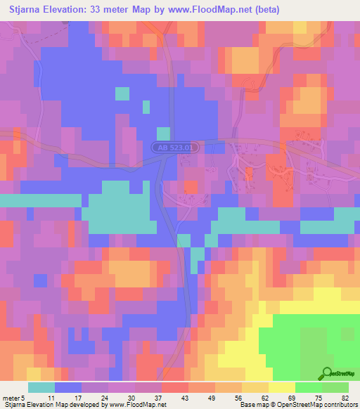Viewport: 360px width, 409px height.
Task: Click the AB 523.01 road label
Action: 176,148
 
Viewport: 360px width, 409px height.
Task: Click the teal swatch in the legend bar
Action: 41,387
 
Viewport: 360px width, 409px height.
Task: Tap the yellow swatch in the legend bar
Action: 281,387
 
